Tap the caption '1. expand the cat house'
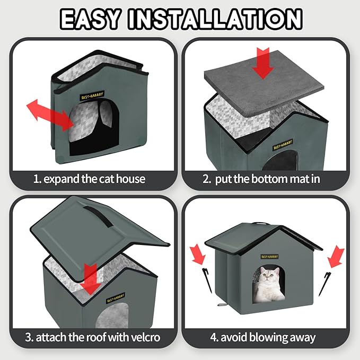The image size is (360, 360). [x=89, y=179]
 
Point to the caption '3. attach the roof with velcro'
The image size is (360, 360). [x=92, y=337]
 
